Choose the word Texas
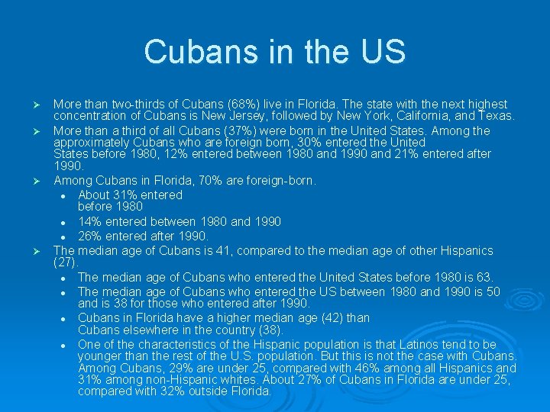tap(497, 117)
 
